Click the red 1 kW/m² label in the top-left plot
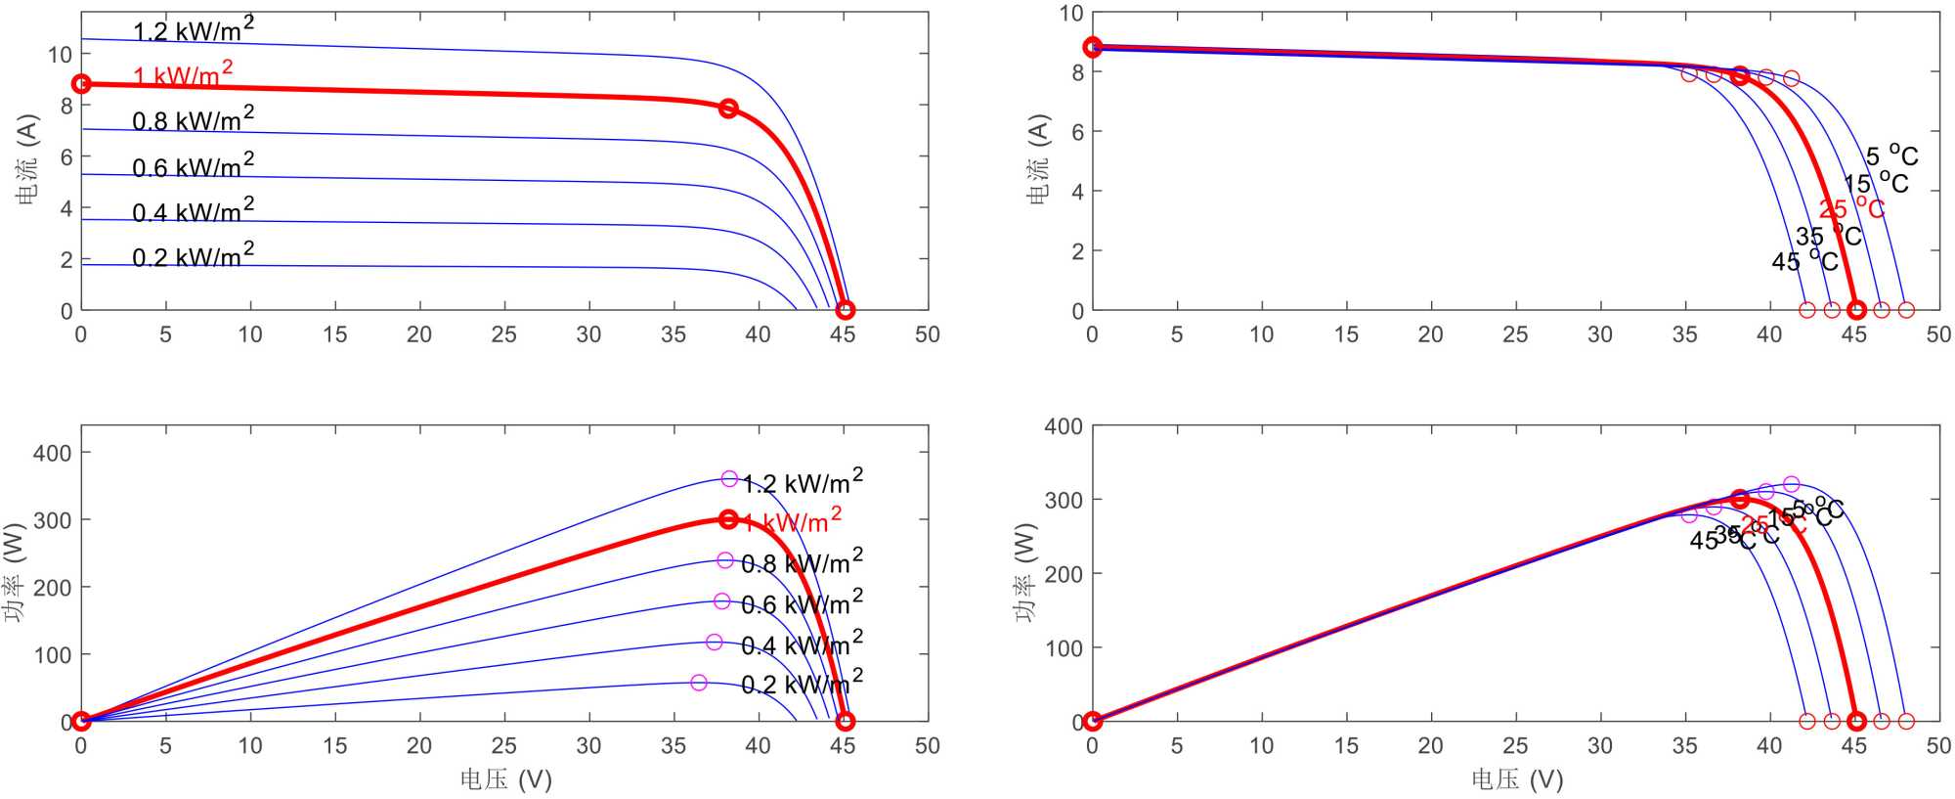183,74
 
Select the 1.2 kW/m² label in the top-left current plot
193,29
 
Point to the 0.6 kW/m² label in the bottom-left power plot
802,603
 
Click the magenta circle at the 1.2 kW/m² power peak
729,479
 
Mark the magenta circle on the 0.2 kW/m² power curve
699,683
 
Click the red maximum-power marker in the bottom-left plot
728,519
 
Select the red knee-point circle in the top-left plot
728,109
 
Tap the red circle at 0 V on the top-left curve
82,84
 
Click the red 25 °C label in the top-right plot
1850,208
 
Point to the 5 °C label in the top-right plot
1891,155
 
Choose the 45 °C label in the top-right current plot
1804,261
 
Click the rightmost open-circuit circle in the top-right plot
1906,310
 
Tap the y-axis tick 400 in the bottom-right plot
1064,426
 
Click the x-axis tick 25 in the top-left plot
504,334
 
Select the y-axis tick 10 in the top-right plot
1071,14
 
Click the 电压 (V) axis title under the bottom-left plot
506,779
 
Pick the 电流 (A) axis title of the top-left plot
27,159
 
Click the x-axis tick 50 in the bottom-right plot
1938,746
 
